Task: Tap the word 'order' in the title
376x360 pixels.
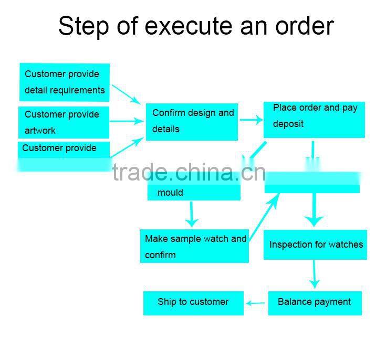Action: [x=304, y=26]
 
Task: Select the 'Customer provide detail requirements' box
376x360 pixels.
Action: [x=65, y=82]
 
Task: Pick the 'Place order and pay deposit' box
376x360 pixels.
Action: [x=314, y=120]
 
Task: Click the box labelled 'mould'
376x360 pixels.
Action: [x=193, y=192]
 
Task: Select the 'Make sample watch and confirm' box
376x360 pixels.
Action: [x=194, y=246]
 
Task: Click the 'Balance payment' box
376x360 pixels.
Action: [x=315, y=303]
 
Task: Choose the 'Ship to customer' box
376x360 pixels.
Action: [x=193, y=303]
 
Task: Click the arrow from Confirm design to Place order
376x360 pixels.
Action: [x=252, y=120]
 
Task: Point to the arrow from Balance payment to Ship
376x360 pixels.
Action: [x=256, y=303]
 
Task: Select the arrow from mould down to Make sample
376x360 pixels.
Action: [x=192, y=214]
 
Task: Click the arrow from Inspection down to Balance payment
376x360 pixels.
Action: [x=315, y=274]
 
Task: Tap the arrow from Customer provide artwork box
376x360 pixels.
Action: [x=127, y=121]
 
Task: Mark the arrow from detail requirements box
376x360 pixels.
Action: [x=126, y=94]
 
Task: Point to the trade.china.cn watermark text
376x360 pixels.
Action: [x=189, y=172]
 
